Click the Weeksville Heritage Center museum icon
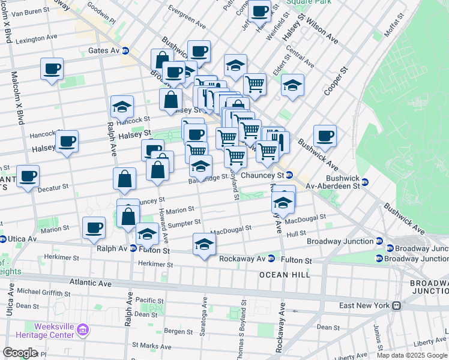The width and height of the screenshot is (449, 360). click(83, 329)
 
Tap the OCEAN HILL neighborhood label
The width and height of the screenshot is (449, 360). click(285, 275)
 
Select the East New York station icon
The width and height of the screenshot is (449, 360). click(396, 305)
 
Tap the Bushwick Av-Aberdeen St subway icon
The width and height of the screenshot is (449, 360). click(365, 182)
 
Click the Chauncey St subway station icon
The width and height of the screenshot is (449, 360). click(289, 175)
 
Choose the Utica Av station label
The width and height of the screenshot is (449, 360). click(22, 239)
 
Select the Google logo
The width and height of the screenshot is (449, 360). click(20, 352)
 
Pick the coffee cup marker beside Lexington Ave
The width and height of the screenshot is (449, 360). click(52, 68)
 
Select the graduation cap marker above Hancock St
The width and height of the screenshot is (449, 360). click(122, 107)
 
